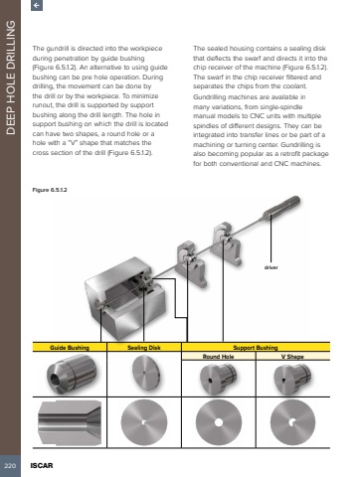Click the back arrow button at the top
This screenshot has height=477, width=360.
click(x=37, y=5)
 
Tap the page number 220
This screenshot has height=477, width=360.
click(x=10, y=466)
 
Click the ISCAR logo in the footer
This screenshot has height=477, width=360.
click(x=42, y=466)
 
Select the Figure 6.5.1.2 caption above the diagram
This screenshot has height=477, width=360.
click(x=50, y=190)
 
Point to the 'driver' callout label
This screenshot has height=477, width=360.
click(x=271, y=267)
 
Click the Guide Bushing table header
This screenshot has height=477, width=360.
click(x=70, y=348)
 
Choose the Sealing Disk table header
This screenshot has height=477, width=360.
click(x=144, y=348)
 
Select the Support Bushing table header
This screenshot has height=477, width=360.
click(x=256, y=348)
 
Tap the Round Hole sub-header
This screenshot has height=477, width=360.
click(x=219, y=357)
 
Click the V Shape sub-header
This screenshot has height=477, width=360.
click(x=292, y=357)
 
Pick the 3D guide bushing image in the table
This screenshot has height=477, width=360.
click(x=72, y=375)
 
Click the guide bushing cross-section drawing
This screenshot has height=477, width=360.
click(x=70, y=422)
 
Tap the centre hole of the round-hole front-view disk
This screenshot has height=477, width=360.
click(x=219, y=422)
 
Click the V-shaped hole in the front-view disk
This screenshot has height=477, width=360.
click(x=292, y=422)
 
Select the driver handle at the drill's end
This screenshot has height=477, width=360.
click(x=281, y=207)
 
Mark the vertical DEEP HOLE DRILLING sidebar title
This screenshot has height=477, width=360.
click(x=11, y=78)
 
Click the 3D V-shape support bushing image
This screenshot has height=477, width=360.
click(x=292, y=379)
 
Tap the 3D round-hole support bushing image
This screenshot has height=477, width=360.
click(x=218, y=379)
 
